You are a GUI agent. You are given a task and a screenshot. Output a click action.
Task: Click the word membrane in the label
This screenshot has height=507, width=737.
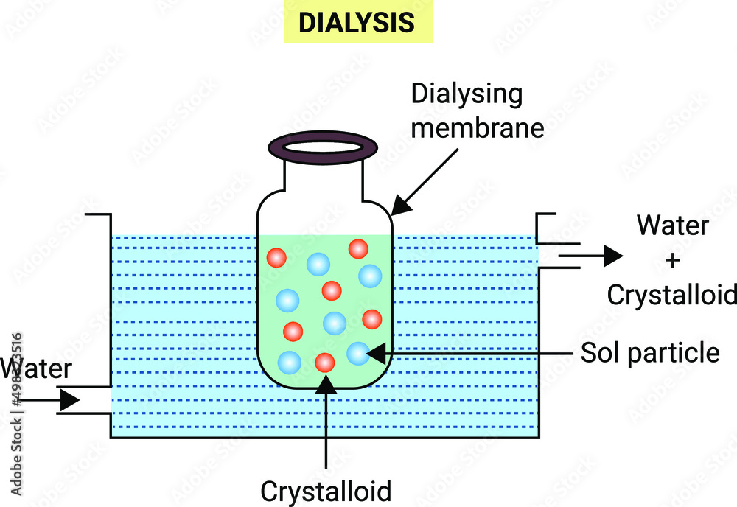click(x=477, y=127)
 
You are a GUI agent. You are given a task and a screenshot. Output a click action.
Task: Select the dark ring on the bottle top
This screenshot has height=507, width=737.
click(x=324, y=146)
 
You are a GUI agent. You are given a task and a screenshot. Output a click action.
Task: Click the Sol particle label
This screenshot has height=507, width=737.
click(x=649, y=353)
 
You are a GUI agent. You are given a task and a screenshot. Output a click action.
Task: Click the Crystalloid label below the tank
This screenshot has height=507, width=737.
click(x=326, y=491)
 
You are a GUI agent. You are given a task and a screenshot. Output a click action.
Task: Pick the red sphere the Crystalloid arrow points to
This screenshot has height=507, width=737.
click(x=325, y=363)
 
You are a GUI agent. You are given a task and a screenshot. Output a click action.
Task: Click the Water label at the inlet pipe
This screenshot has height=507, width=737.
click(x=35, y=368)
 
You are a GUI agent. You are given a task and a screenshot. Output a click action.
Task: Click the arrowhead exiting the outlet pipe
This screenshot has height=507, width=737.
click(x=612, y=256)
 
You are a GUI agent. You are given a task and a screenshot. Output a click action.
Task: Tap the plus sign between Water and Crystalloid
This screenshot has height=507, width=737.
click(x=671, y=260)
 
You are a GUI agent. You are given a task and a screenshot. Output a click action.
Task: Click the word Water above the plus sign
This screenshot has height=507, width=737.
click(x=673, y=225)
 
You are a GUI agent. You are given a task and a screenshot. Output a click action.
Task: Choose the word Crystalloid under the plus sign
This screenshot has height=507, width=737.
click(x=671, y=294)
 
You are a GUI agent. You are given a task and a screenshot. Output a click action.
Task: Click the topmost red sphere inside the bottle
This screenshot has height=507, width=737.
click(x=358, y=249)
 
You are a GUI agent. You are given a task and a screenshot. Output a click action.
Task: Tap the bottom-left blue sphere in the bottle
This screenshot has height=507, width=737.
click(x=289, y=362)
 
